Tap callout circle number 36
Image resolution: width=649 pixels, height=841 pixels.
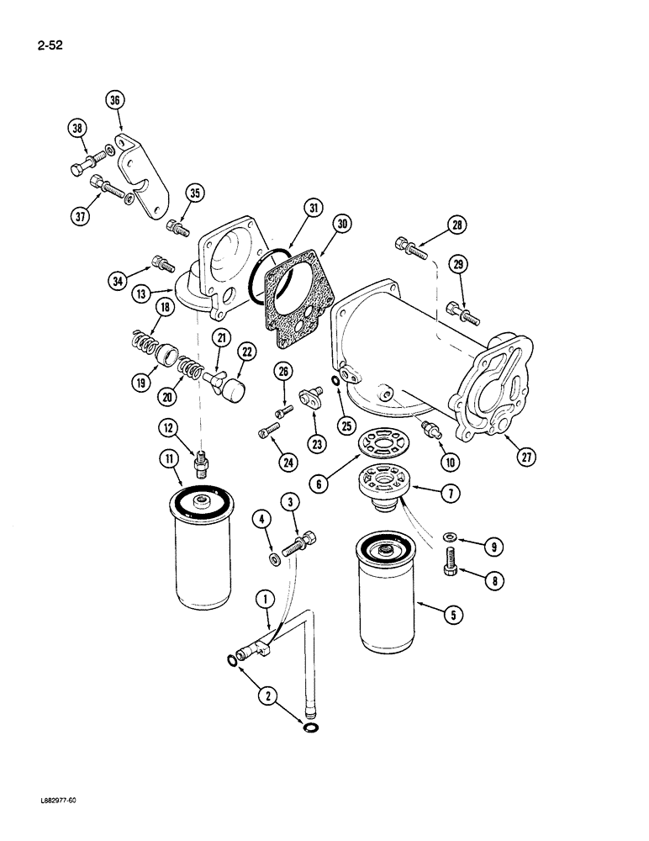115,99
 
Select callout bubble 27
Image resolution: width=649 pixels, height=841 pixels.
527,457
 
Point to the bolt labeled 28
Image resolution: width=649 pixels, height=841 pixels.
412,246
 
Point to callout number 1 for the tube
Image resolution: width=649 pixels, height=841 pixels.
266,600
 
